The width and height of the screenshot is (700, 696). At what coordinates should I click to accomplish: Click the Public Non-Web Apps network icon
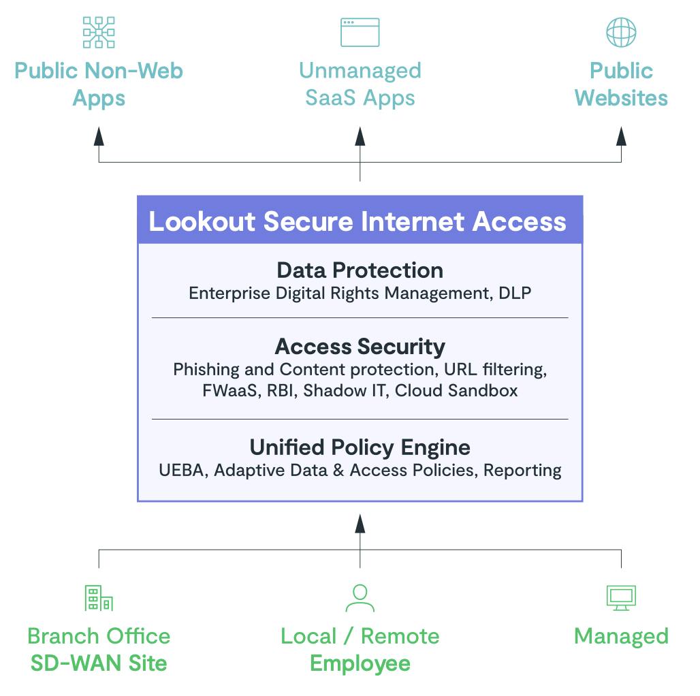pos(99,32)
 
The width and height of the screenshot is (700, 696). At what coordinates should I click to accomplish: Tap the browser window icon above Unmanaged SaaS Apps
pos(360,32)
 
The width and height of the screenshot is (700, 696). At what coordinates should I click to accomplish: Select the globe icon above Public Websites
pos(621,32)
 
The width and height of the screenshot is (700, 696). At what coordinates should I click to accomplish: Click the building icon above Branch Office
pos(99,597)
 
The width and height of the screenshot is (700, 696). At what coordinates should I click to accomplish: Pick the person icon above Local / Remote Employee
pos(360,597)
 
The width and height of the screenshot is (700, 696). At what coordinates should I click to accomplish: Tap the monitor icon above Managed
pos(621,597)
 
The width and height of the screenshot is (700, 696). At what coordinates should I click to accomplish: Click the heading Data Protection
pos(360,270)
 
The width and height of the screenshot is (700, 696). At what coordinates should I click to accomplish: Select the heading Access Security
pos(360,347)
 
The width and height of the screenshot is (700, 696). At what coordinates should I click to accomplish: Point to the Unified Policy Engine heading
pos(360,447)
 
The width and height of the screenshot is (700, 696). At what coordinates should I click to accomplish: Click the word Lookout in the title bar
pos(202,222)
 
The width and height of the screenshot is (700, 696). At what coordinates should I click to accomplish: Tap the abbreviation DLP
pos(515,293)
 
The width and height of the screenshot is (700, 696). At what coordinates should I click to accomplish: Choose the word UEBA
pos(181,471)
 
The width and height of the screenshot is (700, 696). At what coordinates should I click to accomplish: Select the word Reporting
pos(522,471)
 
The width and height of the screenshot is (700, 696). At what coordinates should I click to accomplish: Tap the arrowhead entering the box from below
pos(360,522)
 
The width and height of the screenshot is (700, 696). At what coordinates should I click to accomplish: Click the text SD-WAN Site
pos(99,663)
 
